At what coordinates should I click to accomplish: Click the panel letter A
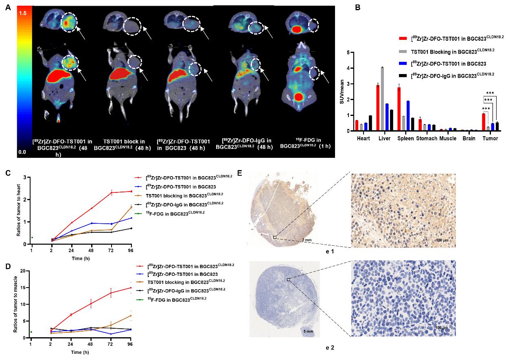(8, 7)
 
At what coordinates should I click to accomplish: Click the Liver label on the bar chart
(383, 139)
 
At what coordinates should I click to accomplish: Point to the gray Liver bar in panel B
(382, 99)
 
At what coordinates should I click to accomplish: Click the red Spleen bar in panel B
(399, 109)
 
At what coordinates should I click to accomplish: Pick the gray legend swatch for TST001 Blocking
(402, 51)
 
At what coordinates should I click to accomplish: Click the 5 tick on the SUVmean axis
(348, 52)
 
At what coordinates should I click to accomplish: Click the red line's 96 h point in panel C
(131, 191)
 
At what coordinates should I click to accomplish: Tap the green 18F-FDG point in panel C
(32, 238)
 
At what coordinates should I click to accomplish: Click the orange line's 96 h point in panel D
(131, 316)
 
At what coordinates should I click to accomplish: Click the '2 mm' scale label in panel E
(307, 240)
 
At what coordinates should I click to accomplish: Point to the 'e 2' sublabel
(330, 348)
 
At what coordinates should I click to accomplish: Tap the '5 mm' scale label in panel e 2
(308, 332)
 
